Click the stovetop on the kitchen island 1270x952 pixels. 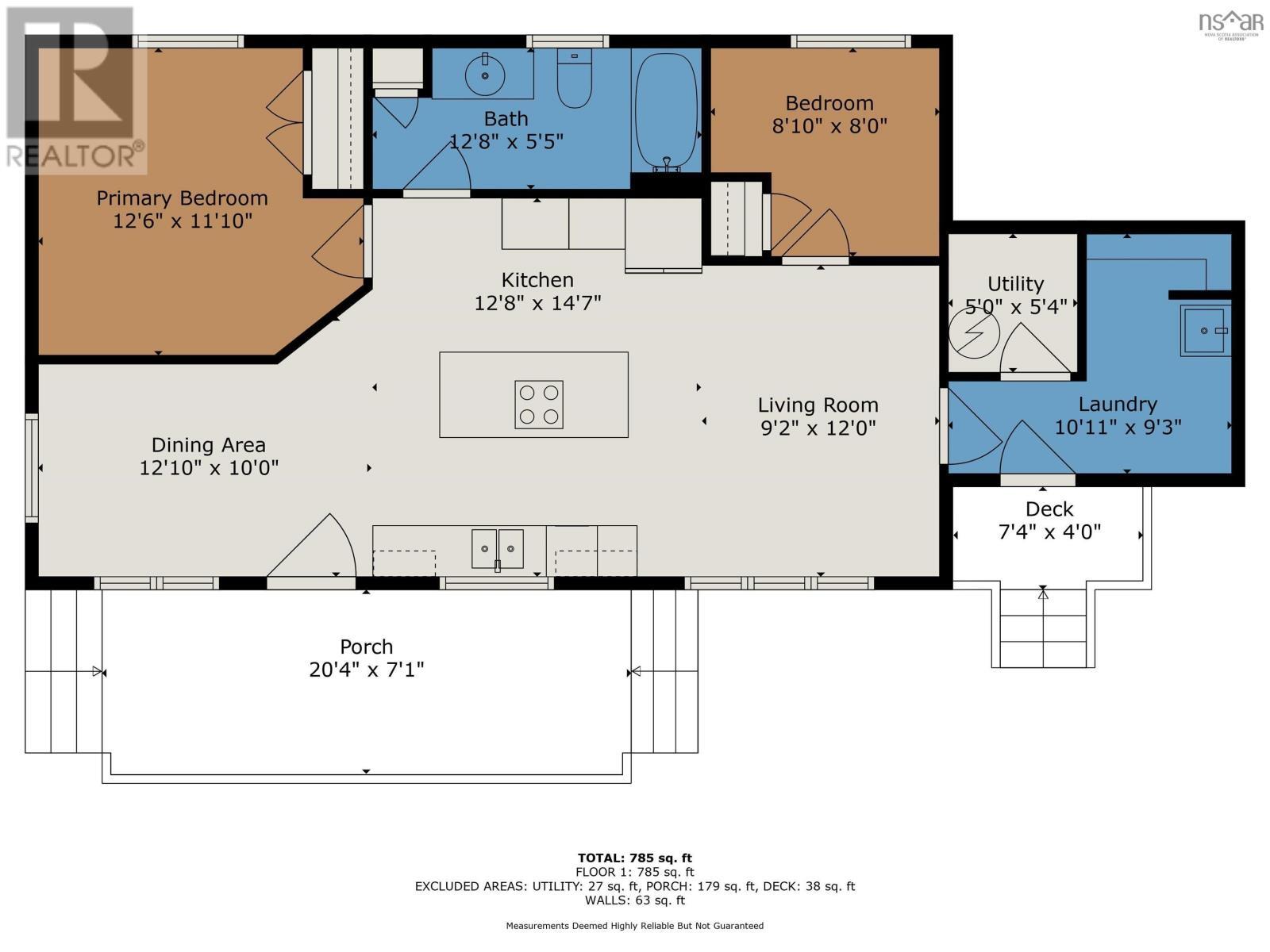tap(539, 405)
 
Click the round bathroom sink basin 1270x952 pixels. tap(484, 75)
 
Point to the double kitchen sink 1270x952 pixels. tap(498, 548)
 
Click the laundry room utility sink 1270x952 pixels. tap(1204, 330)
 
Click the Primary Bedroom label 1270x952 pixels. tap(182, 198)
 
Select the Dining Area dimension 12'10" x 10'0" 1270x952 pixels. tap(209, 468)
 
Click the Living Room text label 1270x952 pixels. tap(818, 405)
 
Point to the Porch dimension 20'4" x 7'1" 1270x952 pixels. tap(366, 670)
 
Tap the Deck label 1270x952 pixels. tap(1049, 509)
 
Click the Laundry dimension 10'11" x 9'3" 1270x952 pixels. tap(1118, 427)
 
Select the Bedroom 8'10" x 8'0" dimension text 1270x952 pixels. tap(829, 125)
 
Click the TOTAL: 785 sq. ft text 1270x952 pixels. tap(634, 858)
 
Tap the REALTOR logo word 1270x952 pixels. tap(75, 155)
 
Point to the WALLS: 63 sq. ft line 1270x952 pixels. tap(634, 900)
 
